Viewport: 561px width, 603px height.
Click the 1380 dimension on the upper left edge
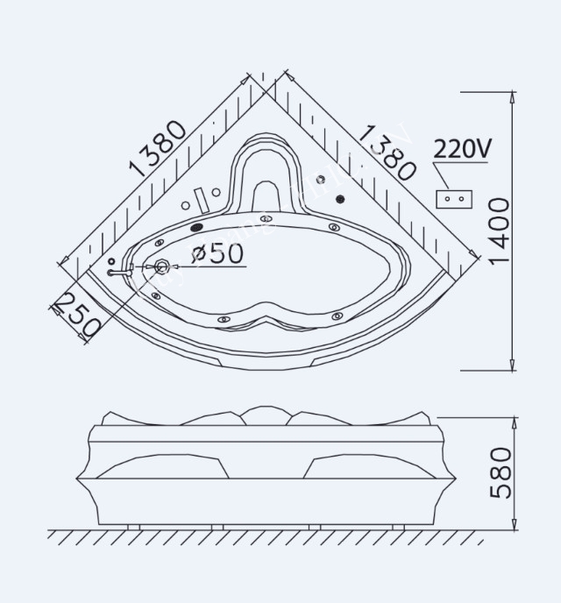(158, 148)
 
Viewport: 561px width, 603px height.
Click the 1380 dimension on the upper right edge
(387, 152)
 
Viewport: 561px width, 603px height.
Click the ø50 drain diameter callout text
(216, 254)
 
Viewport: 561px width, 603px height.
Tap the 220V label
(462, 149)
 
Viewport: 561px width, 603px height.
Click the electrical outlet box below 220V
(456, 198)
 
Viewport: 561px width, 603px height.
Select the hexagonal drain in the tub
(162, 267)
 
